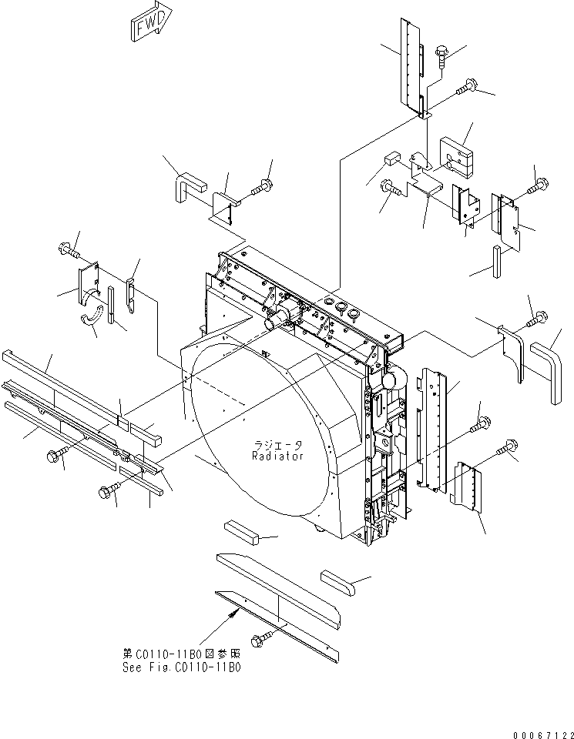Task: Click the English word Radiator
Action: click(277, 456)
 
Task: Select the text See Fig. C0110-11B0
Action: click(181, 667)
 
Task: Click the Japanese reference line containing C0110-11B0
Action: click(181, 653)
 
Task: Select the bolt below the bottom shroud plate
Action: click(260, 639)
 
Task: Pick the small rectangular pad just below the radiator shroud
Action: click(241, 530)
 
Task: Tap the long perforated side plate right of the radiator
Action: click(435, 429)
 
